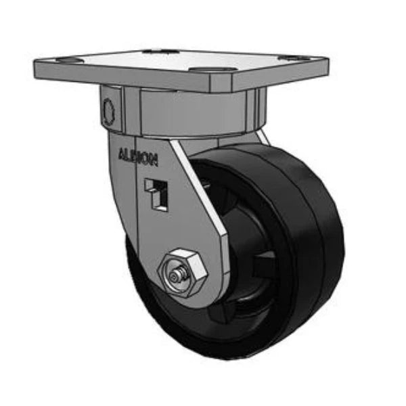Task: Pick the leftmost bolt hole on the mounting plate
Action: (x=66, y=62)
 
